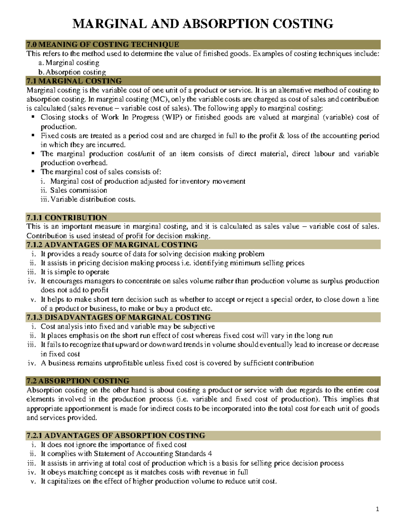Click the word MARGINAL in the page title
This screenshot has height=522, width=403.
coord(109,24)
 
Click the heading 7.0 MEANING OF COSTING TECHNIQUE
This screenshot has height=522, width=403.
coord(103,44)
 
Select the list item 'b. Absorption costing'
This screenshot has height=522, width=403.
coord(72,72)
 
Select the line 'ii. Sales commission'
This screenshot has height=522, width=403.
coord(74,190)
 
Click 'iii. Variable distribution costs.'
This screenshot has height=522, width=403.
coord(88,199)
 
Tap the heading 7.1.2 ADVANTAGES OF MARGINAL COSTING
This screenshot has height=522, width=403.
coord(112,245)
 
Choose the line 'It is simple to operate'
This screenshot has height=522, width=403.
coord(75,272)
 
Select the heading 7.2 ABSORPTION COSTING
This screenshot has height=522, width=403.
coord(78,381)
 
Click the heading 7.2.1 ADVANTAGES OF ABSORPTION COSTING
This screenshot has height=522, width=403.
coord(116,436)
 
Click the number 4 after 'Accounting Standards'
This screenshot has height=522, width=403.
coord(210,454)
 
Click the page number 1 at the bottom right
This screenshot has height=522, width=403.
coord(377,509)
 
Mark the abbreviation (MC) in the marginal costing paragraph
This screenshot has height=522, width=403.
coord(160,99)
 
